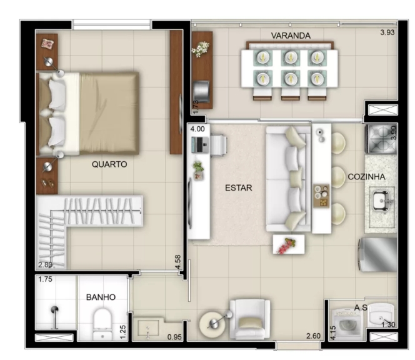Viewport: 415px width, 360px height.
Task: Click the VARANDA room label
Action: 291,36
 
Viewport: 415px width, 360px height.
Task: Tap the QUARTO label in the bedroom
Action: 109,164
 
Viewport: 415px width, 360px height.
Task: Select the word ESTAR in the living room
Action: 239,188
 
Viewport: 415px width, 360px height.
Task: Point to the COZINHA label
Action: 366,177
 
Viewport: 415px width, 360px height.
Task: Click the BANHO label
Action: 101,297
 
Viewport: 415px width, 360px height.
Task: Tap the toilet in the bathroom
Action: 102,324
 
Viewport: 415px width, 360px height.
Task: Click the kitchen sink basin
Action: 381,202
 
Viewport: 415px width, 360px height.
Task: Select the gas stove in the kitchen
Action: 381,139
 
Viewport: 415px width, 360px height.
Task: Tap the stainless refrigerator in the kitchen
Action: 378,254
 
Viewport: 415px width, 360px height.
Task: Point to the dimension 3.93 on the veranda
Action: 387,32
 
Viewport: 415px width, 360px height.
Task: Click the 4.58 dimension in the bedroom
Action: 178,262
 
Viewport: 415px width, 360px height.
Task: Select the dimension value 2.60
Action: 313,336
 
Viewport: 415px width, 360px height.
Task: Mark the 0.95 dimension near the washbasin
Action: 174,337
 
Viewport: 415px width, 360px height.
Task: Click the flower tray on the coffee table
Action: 289,244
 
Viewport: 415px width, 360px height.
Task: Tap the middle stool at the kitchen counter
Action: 338,177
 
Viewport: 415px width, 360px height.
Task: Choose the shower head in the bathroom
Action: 54,309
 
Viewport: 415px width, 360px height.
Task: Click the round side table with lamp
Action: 212,324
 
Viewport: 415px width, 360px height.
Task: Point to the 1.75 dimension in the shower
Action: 45,279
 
